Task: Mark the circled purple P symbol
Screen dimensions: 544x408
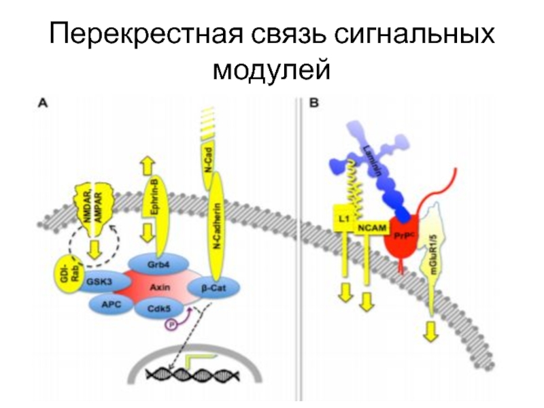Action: tap(171, 326)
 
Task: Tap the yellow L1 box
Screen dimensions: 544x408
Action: tap(343, 218)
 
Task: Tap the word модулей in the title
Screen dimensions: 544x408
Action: tap(272, 70)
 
